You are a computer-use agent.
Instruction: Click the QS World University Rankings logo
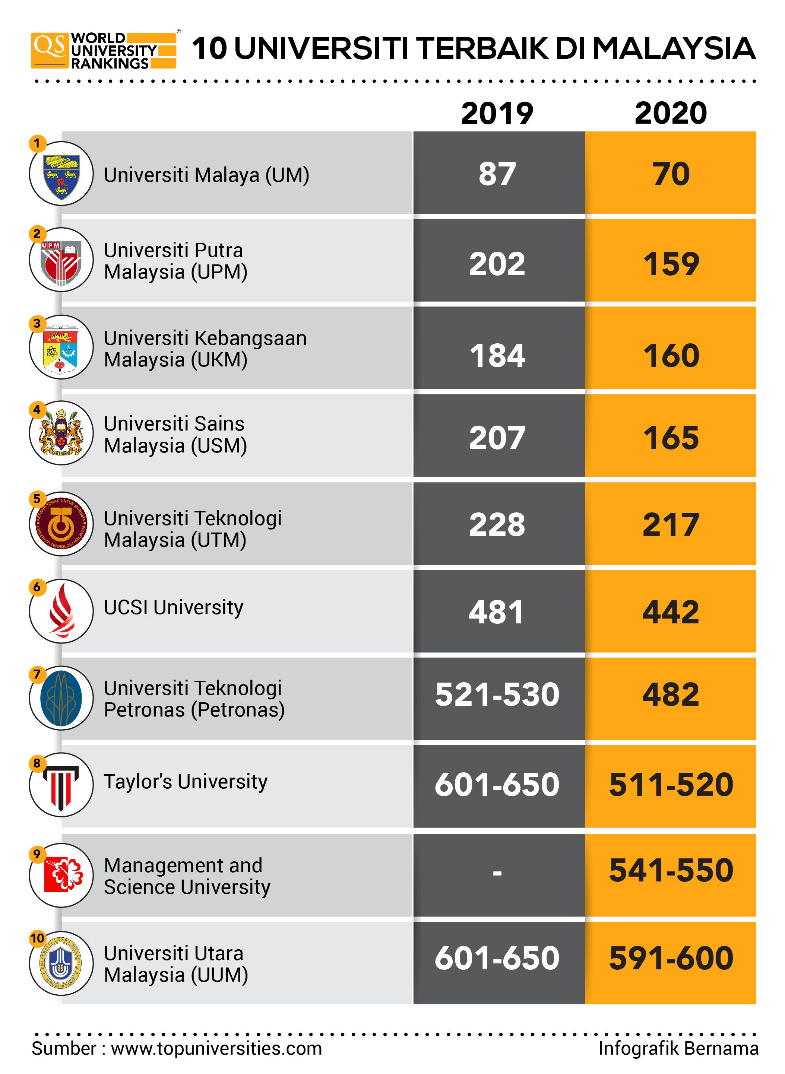coord(104,50)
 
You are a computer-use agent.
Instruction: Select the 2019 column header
coord(497,114)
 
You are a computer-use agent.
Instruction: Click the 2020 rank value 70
coord(671,174)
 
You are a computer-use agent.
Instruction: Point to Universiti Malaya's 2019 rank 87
coord(497,174)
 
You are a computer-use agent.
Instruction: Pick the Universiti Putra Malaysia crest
coord(61,260)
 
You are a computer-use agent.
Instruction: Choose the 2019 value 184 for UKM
coord(497,355)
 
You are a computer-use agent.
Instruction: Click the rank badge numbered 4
coord(37,410)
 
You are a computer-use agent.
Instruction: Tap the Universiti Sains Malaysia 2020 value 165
coord(671,438)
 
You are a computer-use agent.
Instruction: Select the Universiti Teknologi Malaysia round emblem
coord(61,524)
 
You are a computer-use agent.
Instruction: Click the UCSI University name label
coord(174,607)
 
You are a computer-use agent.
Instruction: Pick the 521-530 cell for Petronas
coord(497,695)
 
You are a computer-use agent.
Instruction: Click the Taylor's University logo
coord(61,785)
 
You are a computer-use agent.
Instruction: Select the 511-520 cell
coord(671,784)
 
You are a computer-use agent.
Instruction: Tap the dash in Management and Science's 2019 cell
coord(497,873)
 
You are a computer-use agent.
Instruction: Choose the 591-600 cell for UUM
coord(671,958)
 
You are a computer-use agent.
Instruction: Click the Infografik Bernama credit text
coord(678,1048)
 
